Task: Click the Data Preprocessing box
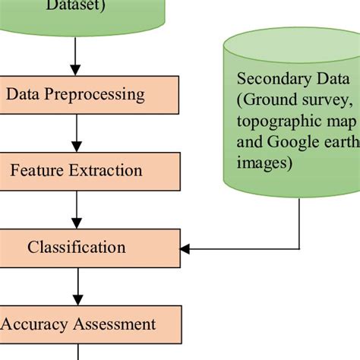pyautogui.click(x=90, y=94)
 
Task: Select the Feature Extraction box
pyautogui.click(x=90, y=170)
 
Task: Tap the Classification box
pyautogui.click(x=90, y=248)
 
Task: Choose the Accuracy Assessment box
pyautogui.click(x=90, y=324)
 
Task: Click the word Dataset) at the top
pyautogui.click(x=77, y=6)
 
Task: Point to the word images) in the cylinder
pyautogui.click(x=264, y=163)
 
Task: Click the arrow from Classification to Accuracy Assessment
pyautogui.click(x=77, y=286)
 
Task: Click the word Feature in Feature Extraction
pyautogui.click(x=36, y=170)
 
